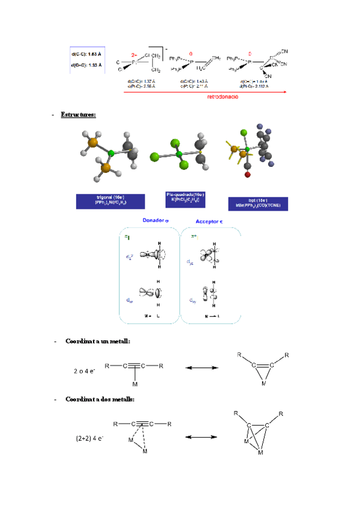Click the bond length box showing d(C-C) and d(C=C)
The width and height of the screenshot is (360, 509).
[87, 59]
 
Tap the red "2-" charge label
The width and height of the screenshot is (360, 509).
[134, 53]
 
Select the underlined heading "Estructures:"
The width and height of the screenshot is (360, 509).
[78, 114]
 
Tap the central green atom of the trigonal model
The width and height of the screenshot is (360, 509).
[111, 155]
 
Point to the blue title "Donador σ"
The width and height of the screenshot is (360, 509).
[155, 221]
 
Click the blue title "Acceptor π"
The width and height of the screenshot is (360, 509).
[209, 221]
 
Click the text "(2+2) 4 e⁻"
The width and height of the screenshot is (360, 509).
[90, 438]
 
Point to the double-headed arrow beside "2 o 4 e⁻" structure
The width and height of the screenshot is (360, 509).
[198, 367]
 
